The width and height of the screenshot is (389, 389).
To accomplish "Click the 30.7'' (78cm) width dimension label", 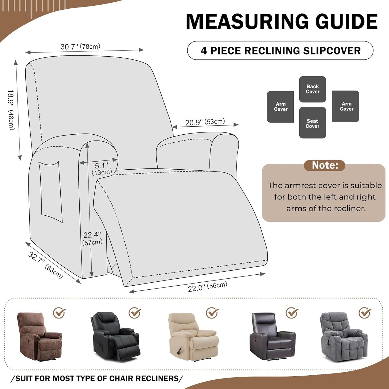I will point(80,47).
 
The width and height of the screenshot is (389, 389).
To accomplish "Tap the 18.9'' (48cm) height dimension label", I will point(11,110).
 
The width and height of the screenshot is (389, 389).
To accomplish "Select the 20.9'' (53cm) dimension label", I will point(205,122).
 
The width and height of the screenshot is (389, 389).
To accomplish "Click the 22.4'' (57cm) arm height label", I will point(92,239).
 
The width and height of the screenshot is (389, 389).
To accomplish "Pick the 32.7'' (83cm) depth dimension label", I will point(45,265).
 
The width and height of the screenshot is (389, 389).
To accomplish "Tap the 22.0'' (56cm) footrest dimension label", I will point(207,287).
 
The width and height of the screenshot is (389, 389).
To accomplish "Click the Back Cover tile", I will point(313,89).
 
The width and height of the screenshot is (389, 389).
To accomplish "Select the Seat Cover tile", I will point(312,123).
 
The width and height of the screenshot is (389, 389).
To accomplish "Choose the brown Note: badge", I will point(324,165).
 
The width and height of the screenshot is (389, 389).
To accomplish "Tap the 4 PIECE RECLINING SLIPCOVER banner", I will point(280,51).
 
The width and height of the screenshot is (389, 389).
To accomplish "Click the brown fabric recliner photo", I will point(39,336).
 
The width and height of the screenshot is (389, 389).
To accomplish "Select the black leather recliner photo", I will point(115,336).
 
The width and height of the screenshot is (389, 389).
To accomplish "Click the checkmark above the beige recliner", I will point(212,313).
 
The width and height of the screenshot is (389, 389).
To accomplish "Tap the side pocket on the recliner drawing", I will point(50,191).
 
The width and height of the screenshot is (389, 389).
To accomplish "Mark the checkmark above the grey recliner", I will point(365,313).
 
